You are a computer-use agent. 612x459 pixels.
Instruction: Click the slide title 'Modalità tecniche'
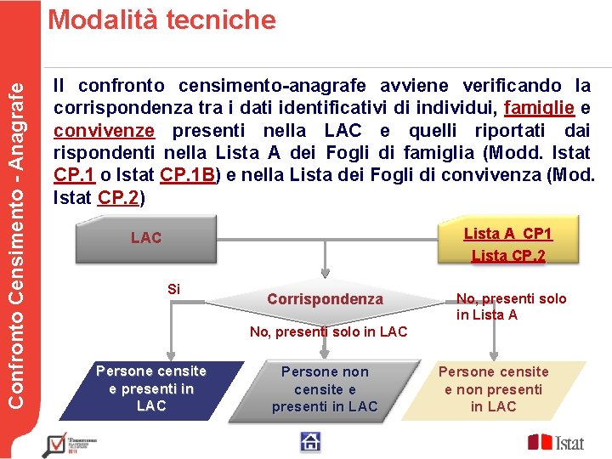161,20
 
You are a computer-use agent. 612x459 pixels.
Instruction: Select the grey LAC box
146,238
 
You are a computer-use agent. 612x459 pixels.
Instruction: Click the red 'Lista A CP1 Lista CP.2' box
507,244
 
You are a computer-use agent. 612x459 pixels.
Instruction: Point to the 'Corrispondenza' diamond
325,299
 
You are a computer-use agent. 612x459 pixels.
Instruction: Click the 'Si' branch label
173,289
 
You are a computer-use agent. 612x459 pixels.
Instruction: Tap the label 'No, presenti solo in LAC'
328,331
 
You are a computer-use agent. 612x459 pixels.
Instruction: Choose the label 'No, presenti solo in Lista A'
499,306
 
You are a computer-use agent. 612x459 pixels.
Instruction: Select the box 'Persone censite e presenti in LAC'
151,388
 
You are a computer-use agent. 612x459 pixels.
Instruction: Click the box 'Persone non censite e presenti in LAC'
325,389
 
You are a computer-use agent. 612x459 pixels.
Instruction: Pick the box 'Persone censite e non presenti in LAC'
493,388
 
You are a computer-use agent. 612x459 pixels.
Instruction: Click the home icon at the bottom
310,441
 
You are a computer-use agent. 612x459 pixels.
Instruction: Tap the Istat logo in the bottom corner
557,442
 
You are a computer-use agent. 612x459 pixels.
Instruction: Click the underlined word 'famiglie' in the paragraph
540,108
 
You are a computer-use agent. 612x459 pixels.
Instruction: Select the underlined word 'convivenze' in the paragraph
104,131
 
